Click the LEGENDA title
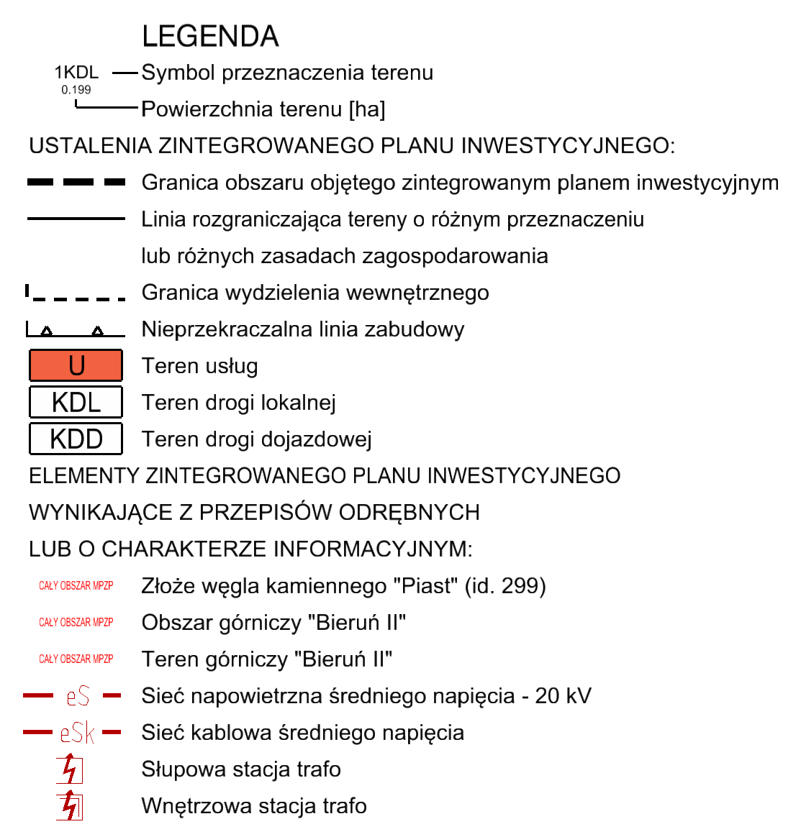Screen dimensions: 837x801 [x=210, y=37]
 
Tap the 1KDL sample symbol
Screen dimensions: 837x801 [x=76, y=73]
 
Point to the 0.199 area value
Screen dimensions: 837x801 [x=76, y=90]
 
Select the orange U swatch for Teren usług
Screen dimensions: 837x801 [x=76, y=365]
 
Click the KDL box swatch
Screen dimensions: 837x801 [x=76, y=402]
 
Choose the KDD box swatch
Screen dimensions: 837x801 [x=76, y=439]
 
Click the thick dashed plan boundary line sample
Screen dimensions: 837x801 [x=76, y=183]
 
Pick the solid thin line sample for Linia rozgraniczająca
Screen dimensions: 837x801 [x=76, y=219]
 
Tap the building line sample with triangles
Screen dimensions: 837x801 [x=76, y=331]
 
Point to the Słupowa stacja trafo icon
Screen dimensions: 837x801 [x=70, y=769]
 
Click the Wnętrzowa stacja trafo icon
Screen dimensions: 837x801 [x=70, y=806]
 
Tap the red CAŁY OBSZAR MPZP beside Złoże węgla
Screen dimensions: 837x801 [x=76, y=586]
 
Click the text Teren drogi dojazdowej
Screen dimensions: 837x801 [x=256, y=439]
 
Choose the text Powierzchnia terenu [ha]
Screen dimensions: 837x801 [x=263, y=109]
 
